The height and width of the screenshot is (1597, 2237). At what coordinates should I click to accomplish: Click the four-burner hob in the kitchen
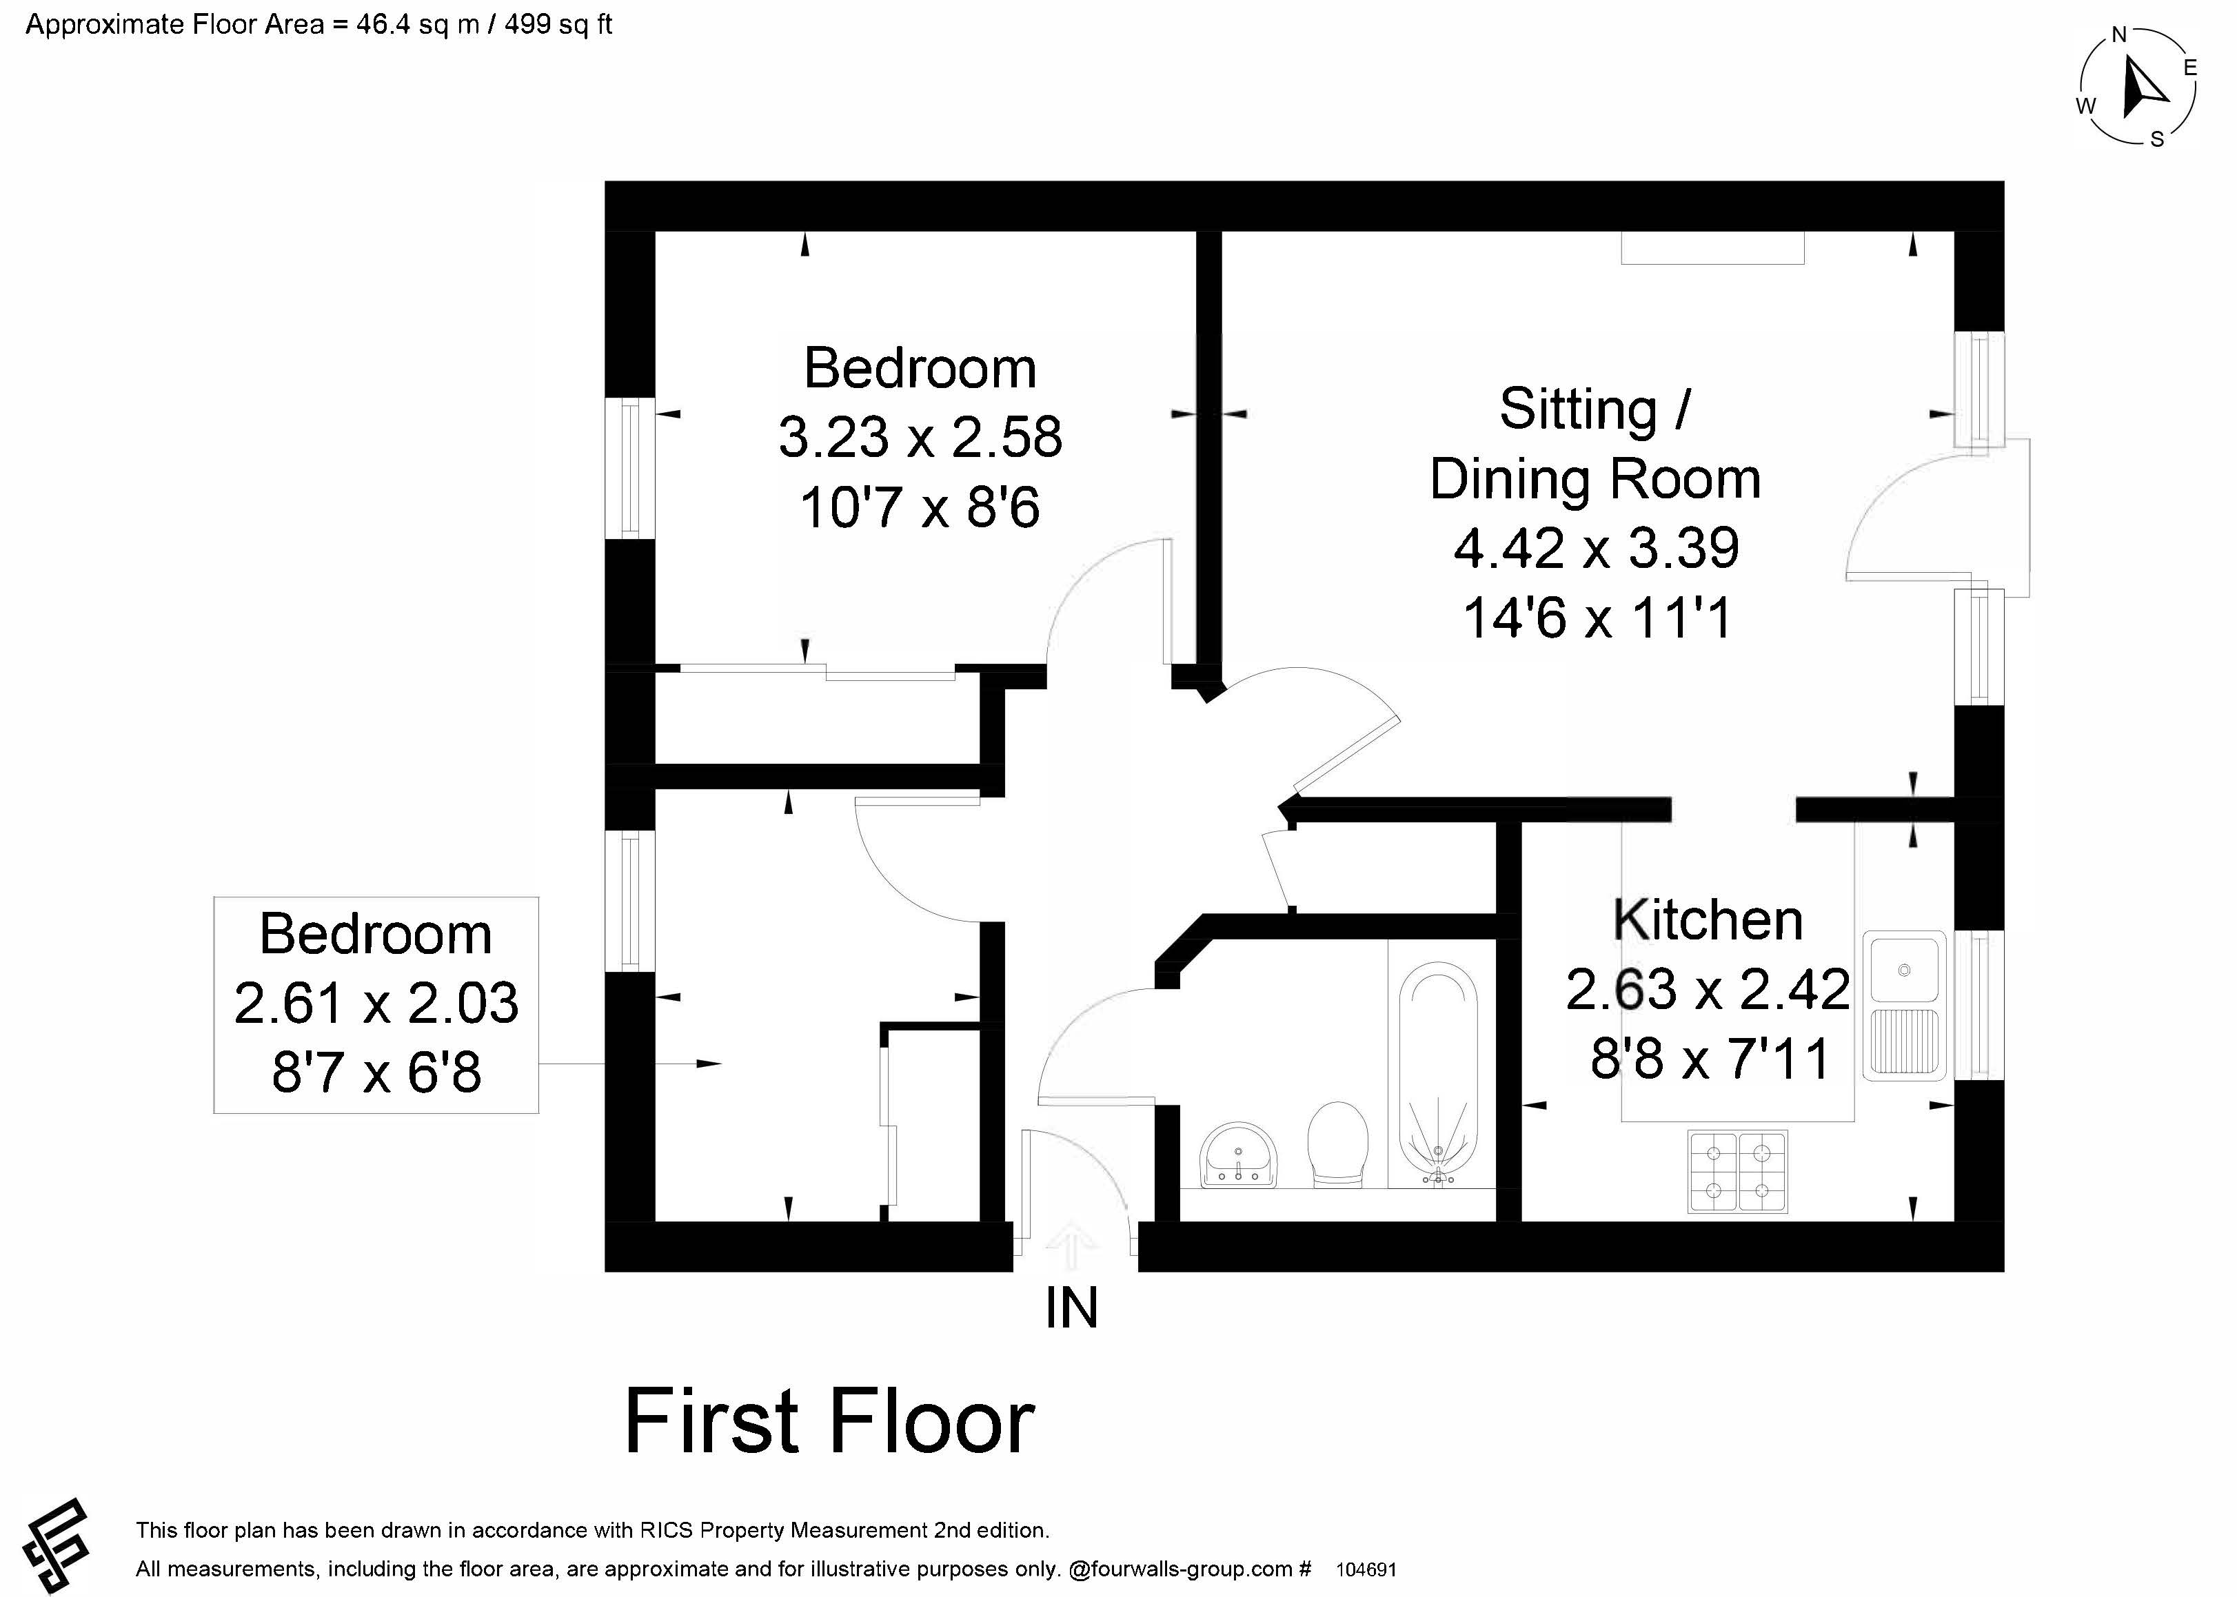tap(1737, 1171)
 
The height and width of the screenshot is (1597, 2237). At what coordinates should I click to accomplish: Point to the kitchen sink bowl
tap(1905, 970)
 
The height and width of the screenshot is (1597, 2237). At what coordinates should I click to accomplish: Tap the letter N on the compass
tap(2119, 35)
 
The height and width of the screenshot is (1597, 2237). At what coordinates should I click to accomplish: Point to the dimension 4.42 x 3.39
tap(1596, 548)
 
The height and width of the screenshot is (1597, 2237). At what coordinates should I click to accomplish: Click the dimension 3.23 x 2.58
tap(920, 438)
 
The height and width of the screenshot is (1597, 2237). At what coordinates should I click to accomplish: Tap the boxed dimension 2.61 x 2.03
tap(376, 1003)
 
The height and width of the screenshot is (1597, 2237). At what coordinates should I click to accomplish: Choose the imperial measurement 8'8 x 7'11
tap(1710, 1059)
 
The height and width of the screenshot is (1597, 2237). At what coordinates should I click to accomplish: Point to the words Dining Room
tap(1595, 479)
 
